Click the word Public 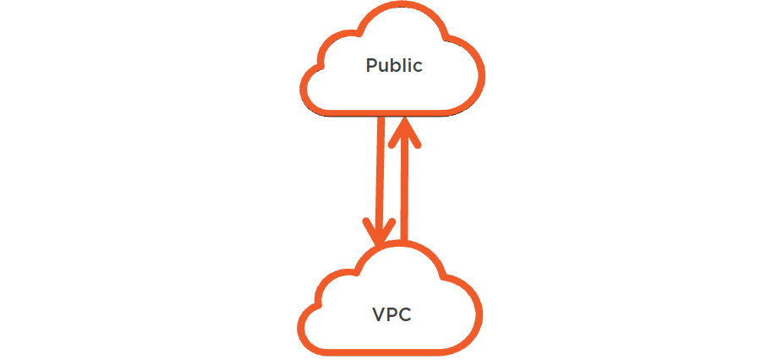393,66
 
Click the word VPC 392,314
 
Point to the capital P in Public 371,66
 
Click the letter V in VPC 378,314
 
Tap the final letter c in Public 417,68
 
